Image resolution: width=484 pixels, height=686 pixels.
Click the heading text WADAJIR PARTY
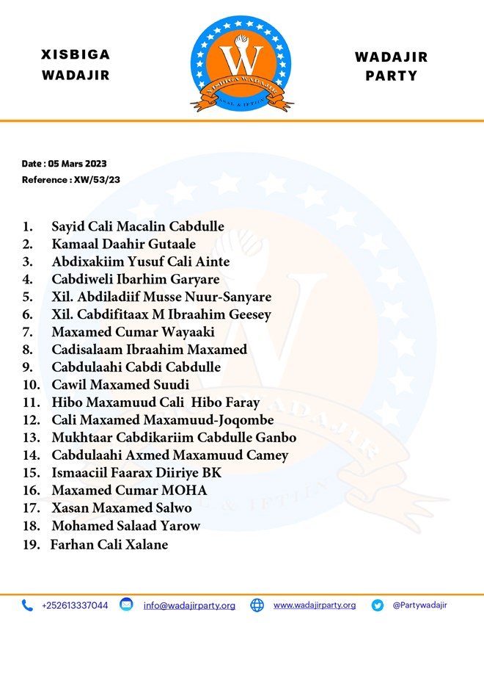[391, 66]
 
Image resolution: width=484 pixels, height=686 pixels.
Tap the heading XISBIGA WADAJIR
[76, 65]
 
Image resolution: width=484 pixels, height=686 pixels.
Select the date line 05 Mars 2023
[64, 164]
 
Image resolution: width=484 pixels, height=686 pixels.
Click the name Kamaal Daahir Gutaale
[123, 244]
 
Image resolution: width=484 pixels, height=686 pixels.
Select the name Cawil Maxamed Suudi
[120, 385]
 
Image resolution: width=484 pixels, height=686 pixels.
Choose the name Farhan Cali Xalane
[109, 545]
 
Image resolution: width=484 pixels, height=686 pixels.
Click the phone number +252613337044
[75, 606]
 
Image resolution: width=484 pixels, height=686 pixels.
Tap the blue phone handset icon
[27, 606]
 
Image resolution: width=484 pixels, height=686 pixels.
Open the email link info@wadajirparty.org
[189, 606]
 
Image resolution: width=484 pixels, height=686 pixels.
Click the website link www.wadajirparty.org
[315, 605]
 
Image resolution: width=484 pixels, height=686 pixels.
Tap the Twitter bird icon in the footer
[378, 606]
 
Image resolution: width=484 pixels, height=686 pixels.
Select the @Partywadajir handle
[419, 605]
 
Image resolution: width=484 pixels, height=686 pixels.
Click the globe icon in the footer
[257, 606]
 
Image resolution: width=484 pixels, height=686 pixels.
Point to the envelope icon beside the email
[126, 605]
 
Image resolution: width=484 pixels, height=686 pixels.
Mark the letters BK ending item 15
[212, 473]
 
